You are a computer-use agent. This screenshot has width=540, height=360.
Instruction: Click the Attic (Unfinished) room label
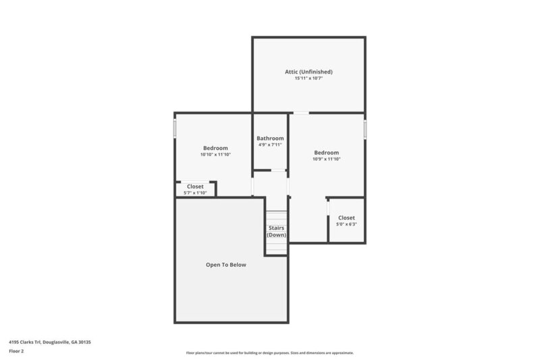(308, 72)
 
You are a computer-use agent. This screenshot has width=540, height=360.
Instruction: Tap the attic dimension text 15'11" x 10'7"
(308, 79)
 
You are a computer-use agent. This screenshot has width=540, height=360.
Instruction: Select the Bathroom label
(270, 138)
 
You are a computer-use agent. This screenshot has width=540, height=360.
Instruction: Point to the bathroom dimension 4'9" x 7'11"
(270, 145)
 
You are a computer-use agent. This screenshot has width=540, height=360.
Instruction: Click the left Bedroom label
(215, 148)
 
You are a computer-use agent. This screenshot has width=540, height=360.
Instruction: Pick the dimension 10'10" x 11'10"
(215, 155)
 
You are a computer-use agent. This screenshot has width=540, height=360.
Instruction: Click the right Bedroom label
(326, 153)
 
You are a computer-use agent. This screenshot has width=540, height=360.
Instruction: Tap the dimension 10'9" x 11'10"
(326, 159)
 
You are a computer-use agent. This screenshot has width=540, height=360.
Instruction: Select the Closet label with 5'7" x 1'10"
(195, 186)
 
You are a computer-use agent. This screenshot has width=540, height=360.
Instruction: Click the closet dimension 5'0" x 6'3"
(346, 224)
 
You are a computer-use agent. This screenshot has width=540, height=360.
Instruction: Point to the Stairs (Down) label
(276, 231)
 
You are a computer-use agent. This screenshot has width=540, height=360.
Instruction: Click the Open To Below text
(225, 265)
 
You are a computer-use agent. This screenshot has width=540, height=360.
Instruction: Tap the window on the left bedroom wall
(175, 128)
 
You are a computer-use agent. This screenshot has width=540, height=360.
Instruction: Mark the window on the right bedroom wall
(365, 129)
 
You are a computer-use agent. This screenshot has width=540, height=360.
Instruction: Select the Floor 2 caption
(16, 351)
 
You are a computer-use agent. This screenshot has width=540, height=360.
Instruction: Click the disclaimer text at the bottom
(269, 353)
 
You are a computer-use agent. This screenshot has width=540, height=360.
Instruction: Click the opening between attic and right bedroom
(301, 113)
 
